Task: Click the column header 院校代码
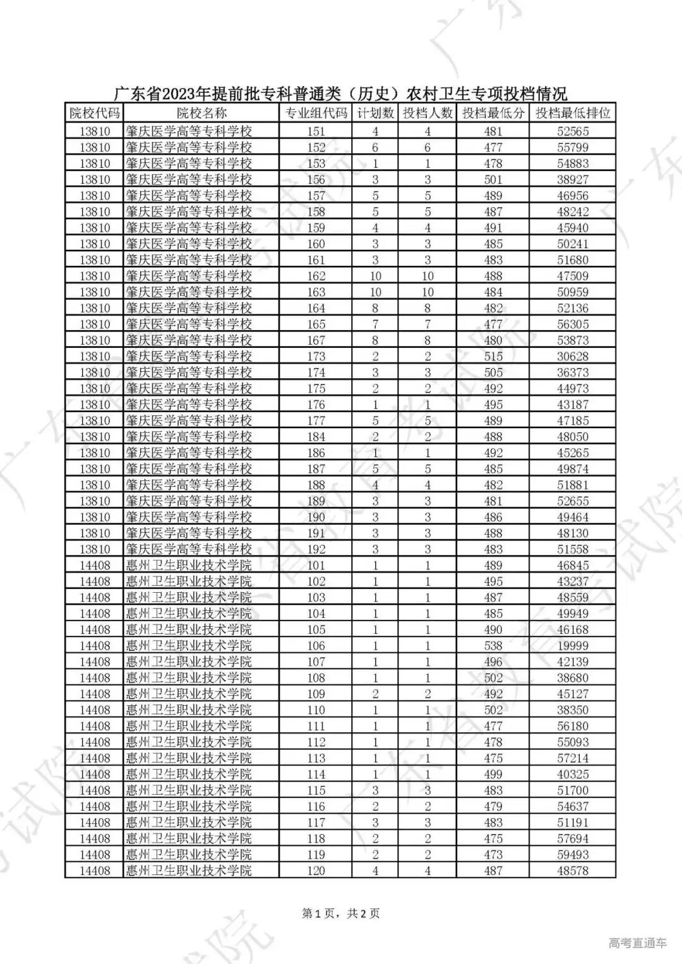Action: point(94,114)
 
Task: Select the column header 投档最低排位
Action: point(573,114)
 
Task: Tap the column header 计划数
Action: point(375,114)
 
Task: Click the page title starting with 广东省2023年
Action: point(340,94)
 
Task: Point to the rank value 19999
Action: point(573,646)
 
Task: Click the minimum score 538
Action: point(493,646)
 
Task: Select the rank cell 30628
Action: point(573,357)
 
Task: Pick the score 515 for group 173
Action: point(493,357)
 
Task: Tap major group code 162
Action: point(316,276)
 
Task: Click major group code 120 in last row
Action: point(316,871)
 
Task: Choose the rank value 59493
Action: point(573,855)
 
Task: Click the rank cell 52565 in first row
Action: point(573,131)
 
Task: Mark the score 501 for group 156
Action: point(493,179)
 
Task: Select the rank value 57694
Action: point(573,838)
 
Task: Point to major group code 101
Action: point(316,566)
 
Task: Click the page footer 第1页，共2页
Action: point(341,913)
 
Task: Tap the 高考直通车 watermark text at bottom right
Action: point(637,944)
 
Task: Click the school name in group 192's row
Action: point(189,549)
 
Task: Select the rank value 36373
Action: point(573,372)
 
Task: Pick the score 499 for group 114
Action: point(493,775)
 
